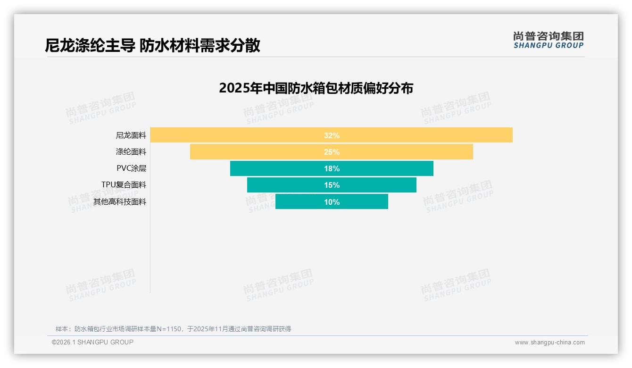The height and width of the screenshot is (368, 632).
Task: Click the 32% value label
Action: [x=332, y=135]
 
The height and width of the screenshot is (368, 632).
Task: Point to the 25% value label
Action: [x=332, y=152]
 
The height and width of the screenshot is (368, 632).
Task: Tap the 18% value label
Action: [x=332, y=168]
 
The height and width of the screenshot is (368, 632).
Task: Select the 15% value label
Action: [x=332, y=185]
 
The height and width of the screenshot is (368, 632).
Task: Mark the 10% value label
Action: [x=332, y=202]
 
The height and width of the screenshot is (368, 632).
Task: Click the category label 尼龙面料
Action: [x=131, y=135]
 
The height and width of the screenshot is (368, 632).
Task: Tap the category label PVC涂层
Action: [x=131, y=168]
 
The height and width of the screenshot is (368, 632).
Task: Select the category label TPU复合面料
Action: [x=124, y=185]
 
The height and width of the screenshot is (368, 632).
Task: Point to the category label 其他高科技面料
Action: [x=120, y=202]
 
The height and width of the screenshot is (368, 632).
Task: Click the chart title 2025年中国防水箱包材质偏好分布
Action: [x=316, y=88]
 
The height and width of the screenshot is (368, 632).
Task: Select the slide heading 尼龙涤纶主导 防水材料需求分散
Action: [x=152, y=45]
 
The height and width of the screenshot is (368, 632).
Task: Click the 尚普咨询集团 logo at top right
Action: [x=548, y=40]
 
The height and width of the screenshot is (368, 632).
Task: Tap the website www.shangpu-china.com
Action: [x=549, y=343]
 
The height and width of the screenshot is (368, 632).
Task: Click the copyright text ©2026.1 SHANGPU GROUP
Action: [x=92, y=342]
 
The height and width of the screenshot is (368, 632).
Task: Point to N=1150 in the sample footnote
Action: [x=168, y=329]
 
